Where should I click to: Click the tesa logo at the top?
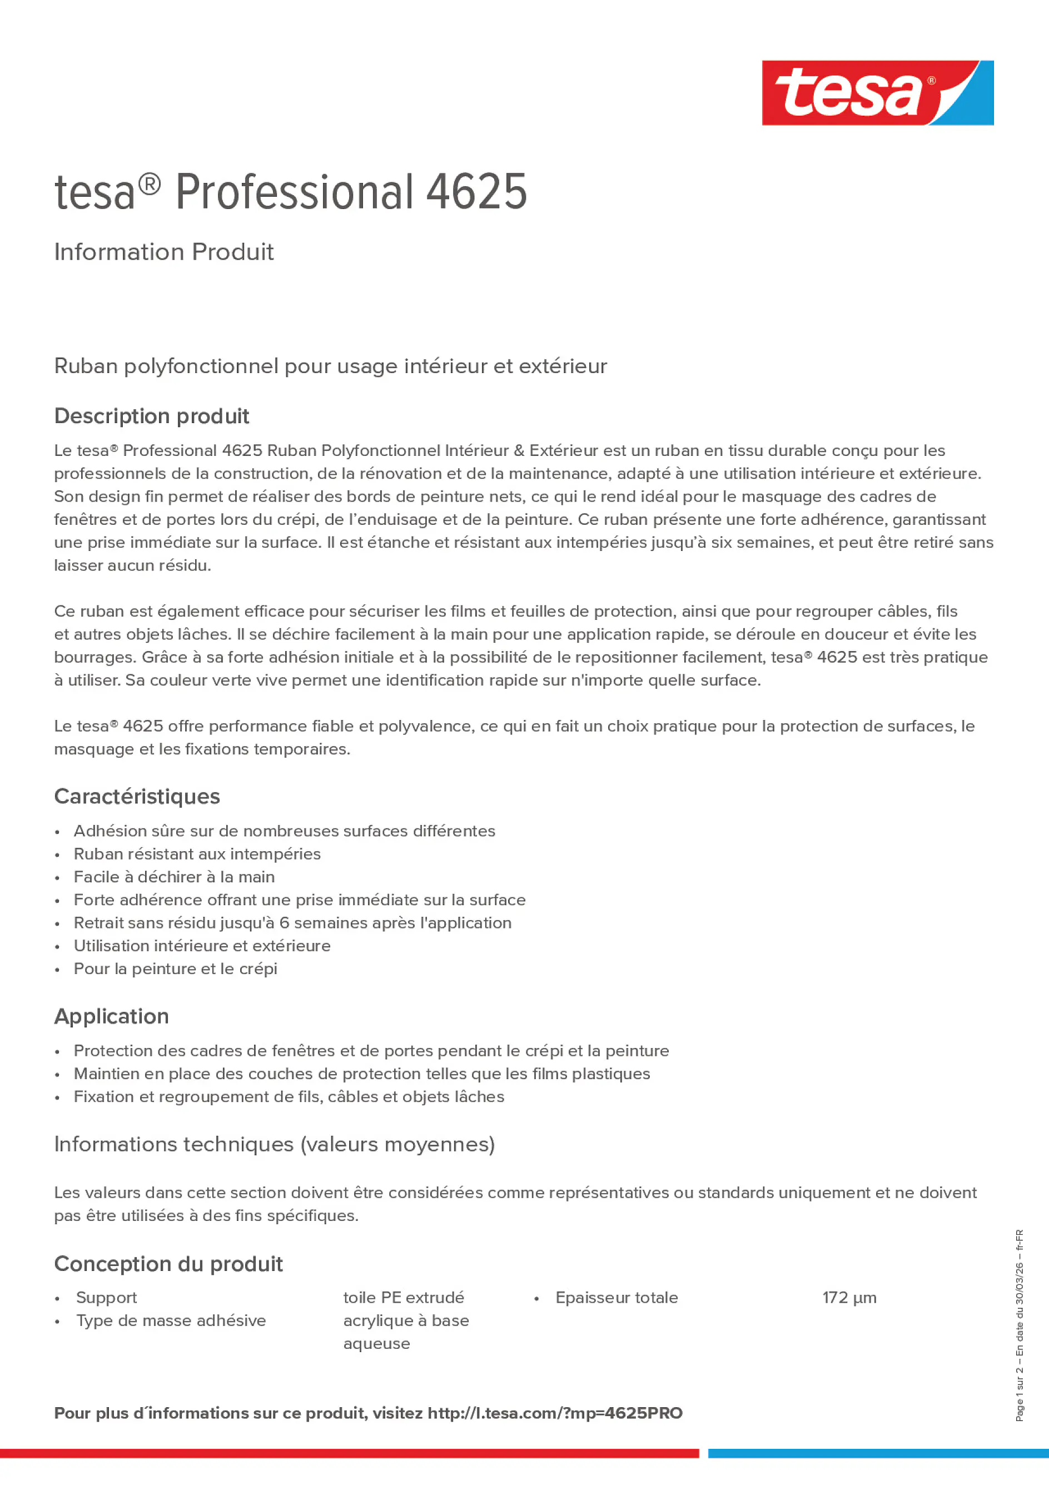pos(877,92)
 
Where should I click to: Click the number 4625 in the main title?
pos(476,192)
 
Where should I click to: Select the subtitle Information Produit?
pos(163,252)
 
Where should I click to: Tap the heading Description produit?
pos(151,416)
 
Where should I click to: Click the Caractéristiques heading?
pos(137,796)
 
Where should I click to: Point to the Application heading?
pos(111,1016)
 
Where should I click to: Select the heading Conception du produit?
pos(168,1264)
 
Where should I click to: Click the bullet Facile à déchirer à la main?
pos(174,877)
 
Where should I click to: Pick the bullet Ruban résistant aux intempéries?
pos(197,854)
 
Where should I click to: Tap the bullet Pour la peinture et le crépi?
pos(175,969)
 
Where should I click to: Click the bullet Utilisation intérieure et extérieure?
pos(202,946)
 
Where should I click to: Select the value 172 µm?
pos(849,1298)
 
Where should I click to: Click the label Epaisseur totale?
pos(617,1298)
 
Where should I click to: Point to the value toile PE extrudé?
pos(404,1298)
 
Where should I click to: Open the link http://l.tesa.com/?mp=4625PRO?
pos(555,1413)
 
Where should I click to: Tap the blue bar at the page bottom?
pos(878,1453)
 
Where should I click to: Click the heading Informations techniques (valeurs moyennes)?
pos(274,1144)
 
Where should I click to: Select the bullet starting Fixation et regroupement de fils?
pos(289,1097)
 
